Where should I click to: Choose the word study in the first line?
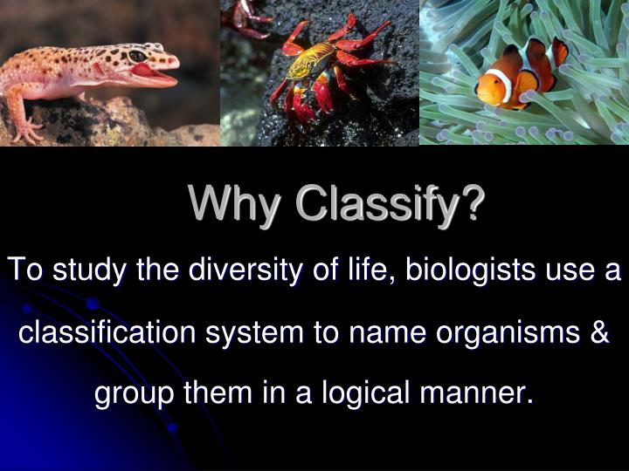86,270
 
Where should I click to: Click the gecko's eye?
137,57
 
